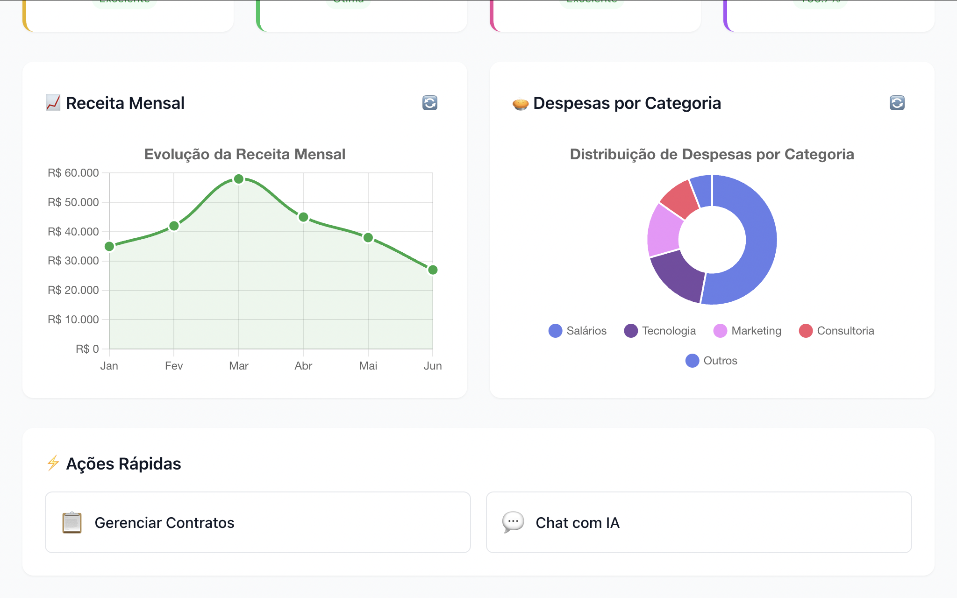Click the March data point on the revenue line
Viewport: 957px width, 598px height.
239,179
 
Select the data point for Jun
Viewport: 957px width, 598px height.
433,270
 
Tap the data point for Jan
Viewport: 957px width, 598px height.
109,246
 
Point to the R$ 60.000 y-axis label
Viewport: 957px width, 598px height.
73,173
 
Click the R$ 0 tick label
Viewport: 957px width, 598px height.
87,349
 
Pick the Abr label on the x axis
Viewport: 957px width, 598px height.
303,366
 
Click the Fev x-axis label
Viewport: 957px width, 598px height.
174,366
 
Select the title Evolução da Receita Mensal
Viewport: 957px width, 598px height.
244,154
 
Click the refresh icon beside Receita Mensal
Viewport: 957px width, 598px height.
430,103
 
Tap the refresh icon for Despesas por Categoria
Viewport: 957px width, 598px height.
897,103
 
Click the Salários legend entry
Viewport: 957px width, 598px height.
578,331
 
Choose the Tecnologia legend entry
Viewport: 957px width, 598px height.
660,331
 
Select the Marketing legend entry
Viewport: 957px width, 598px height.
747,331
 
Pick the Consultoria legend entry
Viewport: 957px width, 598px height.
836,331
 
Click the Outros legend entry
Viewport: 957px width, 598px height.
711,361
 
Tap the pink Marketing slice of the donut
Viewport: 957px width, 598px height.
664,230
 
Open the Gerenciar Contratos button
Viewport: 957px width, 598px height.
258,522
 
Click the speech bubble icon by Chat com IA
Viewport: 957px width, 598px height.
513,522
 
